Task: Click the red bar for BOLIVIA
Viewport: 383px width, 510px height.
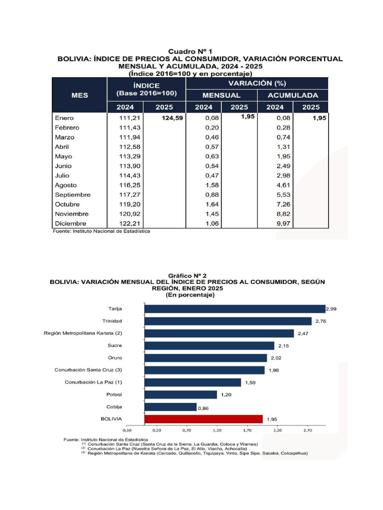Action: click(203, 419)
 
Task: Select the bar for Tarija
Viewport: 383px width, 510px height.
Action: click(234, 309)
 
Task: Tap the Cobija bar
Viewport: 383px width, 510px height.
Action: click(171, 407)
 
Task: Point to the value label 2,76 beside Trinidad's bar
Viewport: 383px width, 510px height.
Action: click(320, 321)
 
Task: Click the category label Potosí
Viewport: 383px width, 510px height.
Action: click(114, 394)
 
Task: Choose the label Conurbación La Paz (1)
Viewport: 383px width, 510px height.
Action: click(93, 382)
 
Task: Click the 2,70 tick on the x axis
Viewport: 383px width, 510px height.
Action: click(307, 430)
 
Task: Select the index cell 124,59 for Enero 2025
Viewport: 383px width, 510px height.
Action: click(172, 119)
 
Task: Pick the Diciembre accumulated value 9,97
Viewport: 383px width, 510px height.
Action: click(283, 224)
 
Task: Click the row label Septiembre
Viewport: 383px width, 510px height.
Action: click(73, 195)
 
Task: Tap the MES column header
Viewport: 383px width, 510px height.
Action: click(79, 95)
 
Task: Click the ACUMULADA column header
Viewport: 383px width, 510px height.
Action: click(293, 95)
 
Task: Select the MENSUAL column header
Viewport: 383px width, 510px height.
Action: click(221, 95)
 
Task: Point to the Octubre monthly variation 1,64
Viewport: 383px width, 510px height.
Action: click(212, 204)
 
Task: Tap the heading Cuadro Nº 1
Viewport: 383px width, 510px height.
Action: click(191, 51)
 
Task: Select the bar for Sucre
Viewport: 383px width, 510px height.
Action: click(209, 345)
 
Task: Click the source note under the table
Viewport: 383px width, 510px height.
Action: click(102, 231)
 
